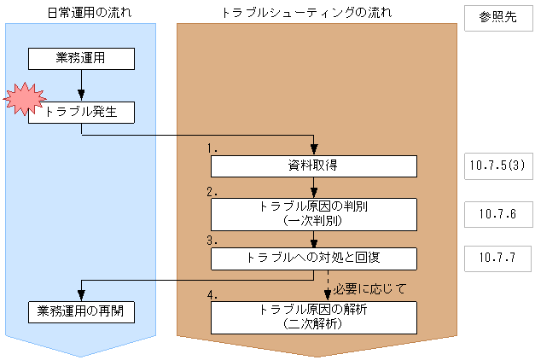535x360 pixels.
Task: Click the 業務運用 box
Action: (x=81, y=58)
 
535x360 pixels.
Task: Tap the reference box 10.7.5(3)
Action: (x=497, y=166)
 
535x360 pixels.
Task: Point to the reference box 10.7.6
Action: (x=497, y=214)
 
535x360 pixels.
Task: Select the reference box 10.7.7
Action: (x=497, y=257)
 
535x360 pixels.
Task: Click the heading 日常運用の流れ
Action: (x=81, y=13)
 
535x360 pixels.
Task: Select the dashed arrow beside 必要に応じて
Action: (x=329, y=285)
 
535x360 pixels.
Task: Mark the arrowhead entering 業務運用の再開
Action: (x=81, y=294)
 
